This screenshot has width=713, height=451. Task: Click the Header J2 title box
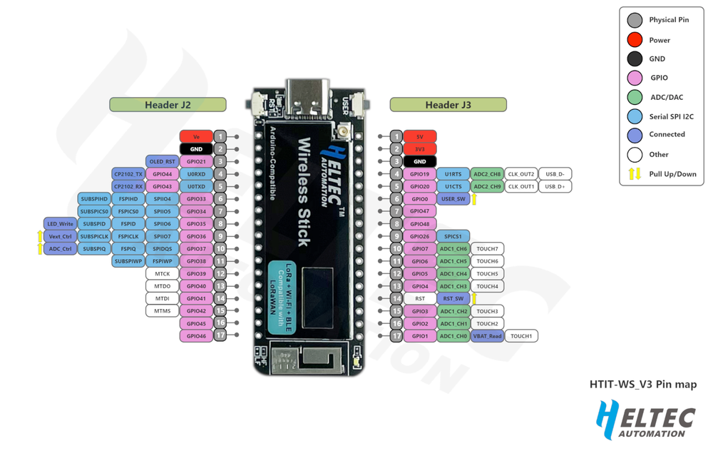168,105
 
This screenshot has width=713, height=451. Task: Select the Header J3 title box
448,105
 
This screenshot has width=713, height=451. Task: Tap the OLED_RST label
162,161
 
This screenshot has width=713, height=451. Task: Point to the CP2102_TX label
128,174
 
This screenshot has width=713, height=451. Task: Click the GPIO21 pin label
196,161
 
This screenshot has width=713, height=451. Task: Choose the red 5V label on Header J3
419,136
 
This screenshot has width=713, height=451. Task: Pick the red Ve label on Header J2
196,136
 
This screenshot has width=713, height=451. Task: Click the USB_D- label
555,174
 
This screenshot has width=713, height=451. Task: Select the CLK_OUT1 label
521,186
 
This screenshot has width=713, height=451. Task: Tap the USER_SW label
453,199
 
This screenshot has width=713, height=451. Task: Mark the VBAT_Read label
487,335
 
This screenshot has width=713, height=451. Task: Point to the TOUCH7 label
487,249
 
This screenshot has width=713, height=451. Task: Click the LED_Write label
61,224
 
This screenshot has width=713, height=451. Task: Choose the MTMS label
162,311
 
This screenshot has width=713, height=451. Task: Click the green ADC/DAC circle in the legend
635,97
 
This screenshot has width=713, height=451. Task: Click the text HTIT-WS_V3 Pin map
642,385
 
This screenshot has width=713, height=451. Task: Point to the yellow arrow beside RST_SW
474,299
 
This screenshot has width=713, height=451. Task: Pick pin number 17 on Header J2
221,335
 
